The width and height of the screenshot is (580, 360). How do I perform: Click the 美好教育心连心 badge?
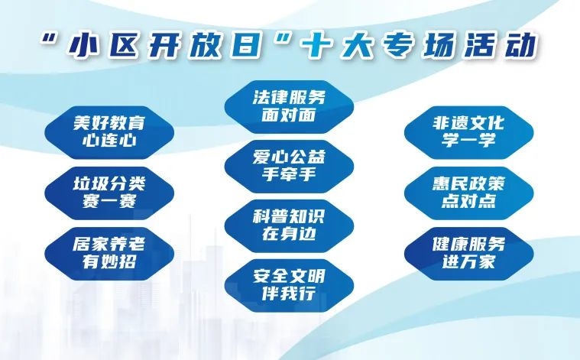click(x=109, y=132)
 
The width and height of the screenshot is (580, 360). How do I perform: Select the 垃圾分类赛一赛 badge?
click(x=109, y=193)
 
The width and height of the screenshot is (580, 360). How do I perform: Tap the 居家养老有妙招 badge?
click(x=109, y=254)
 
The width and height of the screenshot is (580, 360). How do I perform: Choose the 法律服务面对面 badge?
click(x=290, y=106)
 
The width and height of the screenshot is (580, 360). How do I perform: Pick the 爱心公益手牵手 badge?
click(x=290, y=166)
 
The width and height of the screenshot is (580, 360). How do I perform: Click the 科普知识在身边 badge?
click(x=290, y=226)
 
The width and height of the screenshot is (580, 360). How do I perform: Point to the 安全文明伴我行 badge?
click(x=290, y=285)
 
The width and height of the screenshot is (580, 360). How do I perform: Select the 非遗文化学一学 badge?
click(x=468, y=132)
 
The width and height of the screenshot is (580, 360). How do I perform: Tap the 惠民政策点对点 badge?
click(x=468, y=193)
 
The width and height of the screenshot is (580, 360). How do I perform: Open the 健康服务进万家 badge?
click(x=468, y=254)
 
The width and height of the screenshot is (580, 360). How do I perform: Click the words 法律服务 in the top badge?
click(x=290, y=98)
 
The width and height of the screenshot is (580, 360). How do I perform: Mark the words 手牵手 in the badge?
click(x=290, y=174)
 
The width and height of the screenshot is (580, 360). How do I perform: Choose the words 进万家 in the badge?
click(x=468, y=262)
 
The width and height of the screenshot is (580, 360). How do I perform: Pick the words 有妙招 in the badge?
click(x=109, y=262)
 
